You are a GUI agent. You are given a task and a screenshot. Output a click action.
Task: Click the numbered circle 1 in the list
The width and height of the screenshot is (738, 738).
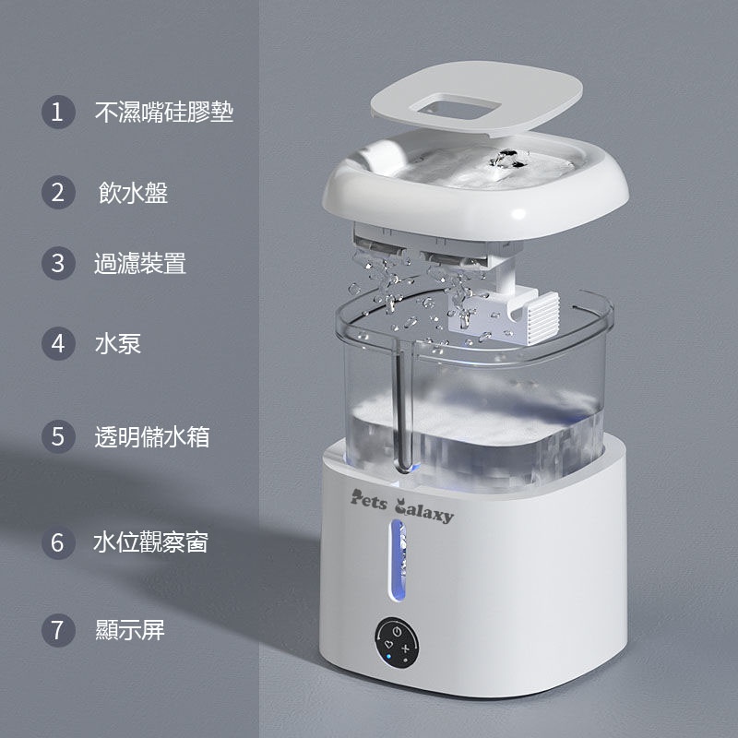click(58, 112)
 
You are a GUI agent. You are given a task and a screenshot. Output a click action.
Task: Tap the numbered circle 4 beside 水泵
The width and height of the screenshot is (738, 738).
click(58, 343)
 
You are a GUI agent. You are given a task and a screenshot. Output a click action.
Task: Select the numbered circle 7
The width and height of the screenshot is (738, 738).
click(58, 630)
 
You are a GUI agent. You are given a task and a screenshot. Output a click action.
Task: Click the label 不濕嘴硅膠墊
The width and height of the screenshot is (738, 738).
click(164, 112)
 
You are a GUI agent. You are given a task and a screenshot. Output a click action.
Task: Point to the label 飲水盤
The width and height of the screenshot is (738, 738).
click(133, 193)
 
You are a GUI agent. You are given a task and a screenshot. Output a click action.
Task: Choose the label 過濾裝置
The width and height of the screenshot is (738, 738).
click(140, 263)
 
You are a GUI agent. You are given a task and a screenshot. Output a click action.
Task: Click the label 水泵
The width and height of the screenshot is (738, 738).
click(118, 343)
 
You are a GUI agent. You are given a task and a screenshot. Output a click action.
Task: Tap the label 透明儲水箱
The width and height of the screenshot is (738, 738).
click(152, 436)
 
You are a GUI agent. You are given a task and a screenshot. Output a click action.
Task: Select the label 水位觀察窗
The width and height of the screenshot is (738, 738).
click(150, 542)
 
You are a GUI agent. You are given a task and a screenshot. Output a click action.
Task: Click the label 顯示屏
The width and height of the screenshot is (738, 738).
click(130, 630)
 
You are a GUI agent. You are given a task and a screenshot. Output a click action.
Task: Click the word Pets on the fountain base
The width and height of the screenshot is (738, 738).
click(368, 500)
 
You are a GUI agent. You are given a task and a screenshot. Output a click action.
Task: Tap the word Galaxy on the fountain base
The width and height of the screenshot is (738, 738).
click(424, 510)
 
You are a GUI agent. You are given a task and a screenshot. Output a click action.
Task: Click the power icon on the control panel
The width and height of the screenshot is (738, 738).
click(397, 631)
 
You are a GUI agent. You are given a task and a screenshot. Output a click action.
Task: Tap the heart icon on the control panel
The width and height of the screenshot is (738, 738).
click(388, 643)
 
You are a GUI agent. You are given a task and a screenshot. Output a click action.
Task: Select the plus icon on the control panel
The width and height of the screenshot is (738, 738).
click(405, 649)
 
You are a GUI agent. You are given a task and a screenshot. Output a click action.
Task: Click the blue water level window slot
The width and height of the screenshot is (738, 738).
click(398, 560)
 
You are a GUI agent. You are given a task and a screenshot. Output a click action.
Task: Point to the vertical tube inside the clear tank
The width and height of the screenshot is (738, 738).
click(403, 405)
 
